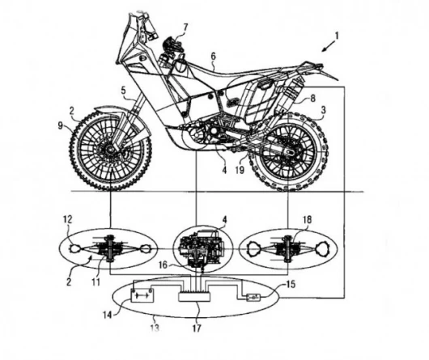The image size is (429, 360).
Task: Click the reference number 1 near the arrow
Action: [337, 36]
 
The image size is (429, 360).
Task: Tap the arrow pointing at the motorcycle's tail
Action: [329, 45]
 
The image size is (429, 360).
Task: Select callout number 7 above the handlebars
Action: [186, 28]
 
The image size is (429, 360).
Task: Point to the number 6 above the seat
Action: [213, 57]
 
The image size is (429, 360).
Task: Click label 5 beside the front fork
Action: [124, 91]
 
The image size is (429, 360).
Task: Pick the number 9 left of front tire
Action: [60, 125]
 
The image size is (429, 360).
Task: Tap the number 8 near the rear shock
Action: [313, 98]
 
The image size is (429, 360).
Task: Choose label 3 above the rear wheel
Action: [324, 110]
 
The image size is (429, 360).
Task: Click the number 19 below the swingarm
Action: [240, 170]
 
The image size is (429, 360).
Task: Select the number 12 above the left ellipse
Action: [67, 219]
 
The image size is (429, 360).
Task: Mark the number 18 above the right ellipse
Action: [307, 219]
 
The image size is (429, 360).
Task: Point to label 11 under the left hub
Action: [96, 282]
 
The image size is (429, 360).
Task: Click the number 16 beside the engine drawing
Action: [163, 265]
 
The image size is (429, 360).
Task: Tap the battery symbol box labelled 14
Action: [142, 295]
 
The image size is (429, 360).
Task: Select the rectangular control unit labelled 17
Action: [194, 297]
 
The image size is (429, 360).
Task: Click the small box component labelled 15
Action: [253, 298]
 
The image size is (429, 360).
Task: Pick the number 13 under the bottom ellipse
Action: [155, 328]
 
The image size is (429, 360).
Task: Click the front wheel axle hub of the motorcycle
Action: [110, 149]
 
